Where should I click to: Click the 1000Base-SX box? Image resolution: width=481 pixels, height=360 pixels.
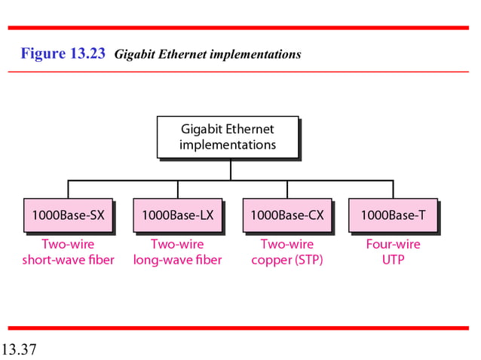point(68,215)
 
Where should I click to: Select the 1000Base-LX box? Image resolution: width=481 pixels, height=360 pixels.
point(177,215)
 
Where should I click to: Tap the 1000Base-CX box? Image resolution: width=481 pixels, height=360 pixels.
point(286,215)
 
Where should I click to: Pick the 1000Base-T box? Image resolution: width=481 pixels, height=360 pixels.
point(393,215)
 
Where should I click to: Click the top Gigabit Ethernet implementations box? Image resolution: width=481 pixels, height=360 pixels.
point(227,136)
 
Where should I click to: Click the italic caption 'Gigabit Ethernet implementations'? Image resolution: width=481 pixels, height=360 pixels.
point(207,54)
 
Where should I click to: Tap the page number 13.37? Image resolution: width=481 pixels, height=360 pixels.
point(20,349)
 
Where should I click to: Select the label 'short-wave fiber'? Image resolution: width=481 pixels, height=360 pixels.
point(68,261)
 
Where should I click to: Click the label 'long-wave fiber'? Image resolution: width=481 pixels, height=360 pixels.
point(177,261)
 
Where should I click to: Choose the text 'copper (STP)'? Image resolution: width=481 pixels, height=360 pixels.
point(286,261)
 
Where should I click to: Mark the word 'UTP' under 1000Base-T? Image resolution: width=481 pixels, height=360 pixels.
point(393,261)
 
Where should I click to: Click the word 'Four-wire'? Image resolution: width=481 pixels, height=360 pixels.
point(393,244)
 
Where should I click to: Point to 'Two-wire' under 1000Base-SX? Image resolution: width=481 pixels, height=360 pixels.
point(68,244)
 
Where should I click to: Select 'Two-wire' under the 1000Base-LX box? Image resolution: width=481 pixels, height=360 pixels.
point(177,244)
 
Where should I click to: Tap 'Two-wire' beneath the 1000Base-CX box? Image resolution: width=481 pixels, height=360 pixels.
point(286,244)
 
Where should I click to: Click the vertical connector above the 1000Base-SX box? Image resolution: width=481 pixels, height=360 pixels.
point(68,189)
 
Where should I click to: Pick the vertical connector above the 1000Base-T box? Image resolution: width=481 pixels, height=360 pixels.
point(393,189)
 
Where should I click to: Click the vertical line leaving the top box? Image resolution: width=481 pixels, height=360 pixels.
point(231,169)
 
